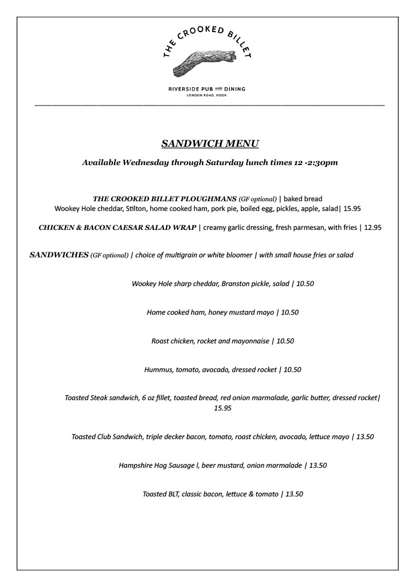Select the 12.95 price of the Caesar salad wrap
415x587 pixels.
[x=373, y=228]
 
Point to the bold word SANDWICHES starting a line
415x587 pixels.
[x=58, y=255]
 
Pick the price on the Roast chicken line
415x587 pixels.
[x=285, y=341]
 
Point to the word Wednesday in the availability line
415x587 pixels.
[x=143, y=163]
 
